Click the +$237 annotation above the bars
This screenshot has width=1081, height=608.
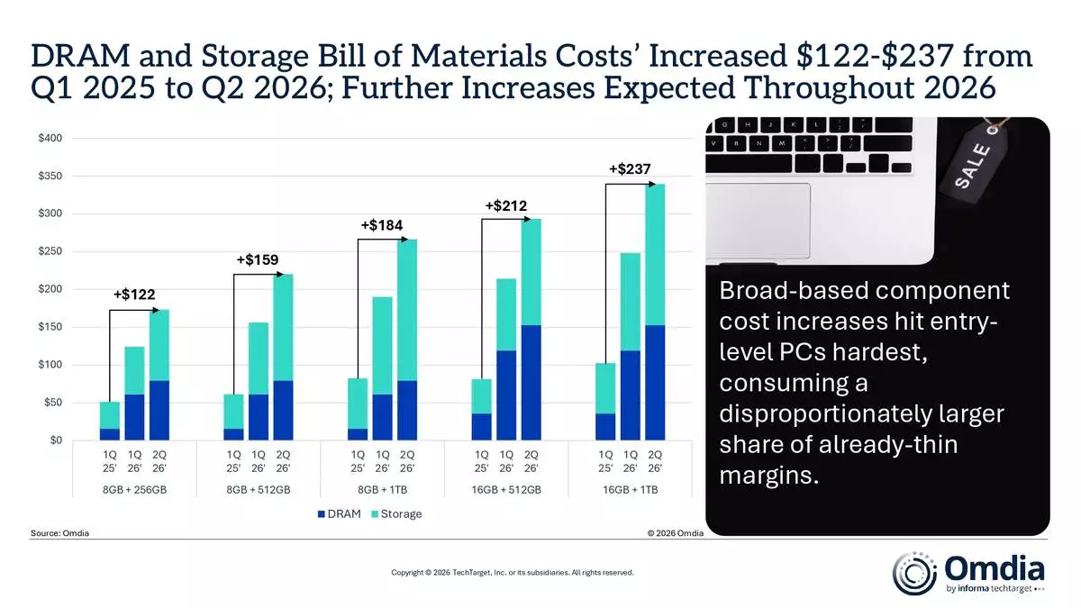(630, 168)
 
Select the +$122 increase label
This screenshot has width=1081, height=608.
(132, 295)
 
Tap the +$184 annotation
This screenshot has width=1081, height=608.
(382, 224)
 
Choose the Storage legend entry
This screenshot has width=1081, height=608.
(393, 514)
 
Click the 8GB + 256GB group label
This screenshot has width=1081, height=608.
(133, 490)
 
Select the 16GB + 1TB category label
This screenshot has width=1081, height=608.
(630, 490)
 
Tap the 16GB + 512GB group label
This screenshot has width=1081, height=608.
(506, 490)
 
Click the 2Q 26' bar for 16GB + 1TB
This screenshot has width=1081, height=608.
(655, 312)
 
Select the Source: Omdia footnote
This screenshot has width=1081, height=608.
(59, 533)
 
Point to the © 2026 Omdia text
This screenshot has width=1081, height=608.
(675, 533)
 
